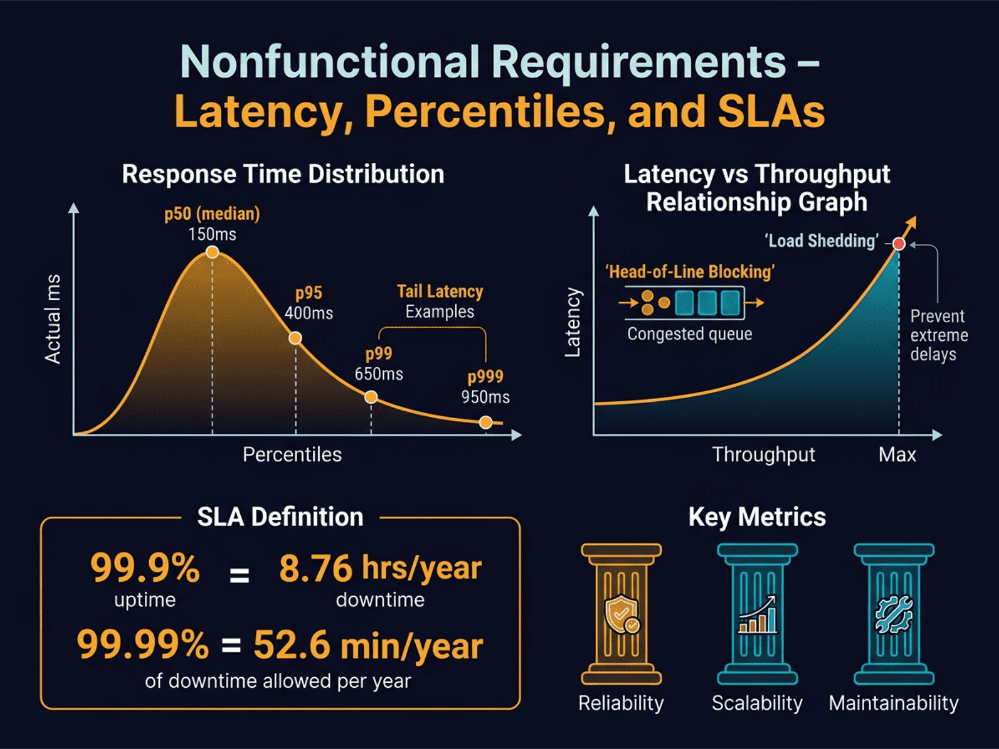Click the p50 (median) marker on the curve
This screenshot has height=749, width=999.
[212, 252]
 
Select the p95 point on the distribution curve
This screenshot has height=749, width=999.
[295, 338]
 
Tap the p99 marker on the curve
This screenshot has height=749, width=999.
[371, 397]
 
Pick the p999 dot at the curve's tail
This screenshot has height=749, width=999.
[486, 423]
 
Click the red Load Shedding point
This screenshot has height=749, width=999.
[899, 244]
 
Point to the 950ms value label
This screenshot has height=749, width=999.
[485, 397]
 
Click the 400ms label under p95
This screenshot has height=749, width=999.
[309, 313]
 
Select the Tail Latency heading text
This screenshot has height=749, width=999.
[440, 291]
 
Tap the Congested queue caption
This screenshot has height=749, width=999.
[689, 334]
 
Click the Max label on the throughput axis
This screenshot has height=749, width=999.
[897, 454]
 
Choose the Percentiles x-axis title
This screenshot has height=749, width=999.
[292, 454]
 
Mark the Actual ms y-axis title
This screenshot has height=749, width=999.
[53, 318]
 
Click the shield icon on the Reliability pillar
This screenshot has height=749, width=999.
[621, 614]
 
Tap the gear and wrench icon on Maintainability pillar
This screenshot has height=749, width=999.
[894, 615]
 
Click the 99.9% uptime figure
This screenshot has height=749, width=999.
[145, 568]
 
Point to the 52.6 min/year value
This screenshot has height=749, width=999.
[368, 645]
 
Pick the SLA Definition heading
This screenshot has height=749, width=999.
[280, 517]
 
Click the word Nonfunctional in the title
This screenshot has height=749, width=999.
[329, 62]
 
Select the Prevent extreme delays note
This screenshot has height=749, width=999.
[938, 335]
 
